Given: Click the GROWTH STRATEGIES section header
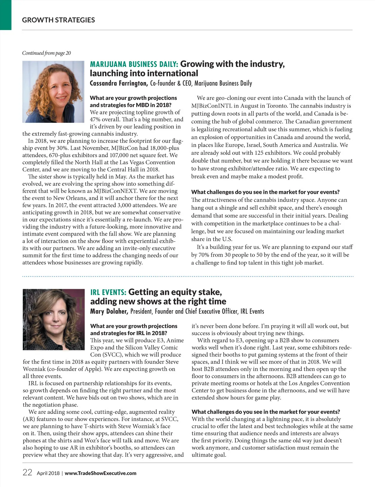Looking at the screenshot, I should pyautogui.click(x=58, y=20).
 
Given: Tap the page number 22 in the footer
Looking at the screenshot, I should pyautogui.click(x=27, y=472).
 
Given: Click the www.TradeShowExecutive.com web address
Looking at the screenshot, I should pyautogui.click(x=100, y=473).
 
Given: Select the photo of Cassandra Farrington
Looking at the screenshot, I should pyautogui.click(x=53, y=92).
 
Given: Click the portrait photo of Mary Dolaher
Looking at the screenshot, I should pyautogui.click(x=53, y=319).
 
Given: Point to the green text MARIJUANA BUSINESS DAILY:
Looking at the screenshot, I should pyautogui.click(x=134, y=64).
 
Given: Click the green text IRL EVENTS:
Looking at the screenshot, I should pyautogui.click(x=108, y=293).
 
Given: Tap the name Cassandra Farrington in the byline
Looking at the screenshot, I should pyautogui.click(x=118, y=83).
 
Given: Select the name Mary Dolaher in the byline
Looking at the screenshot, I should pyautogui.click(x=109, y=311).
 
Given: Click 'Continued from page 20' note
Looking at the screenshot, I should pyautogui.click(x=47, y=53).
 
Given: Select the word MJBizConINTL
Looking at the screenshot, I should pyautogui.click(x=212, y=106).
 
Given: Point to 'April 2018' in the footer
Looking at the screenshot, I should pyautogui.click(x=48, y=473).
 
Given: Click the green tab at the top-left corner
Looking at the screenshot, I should pyautogui.click(x=6, y=15).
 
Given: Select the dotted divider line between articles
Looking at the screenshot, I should pyautogui.click(x=187, y=277).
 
